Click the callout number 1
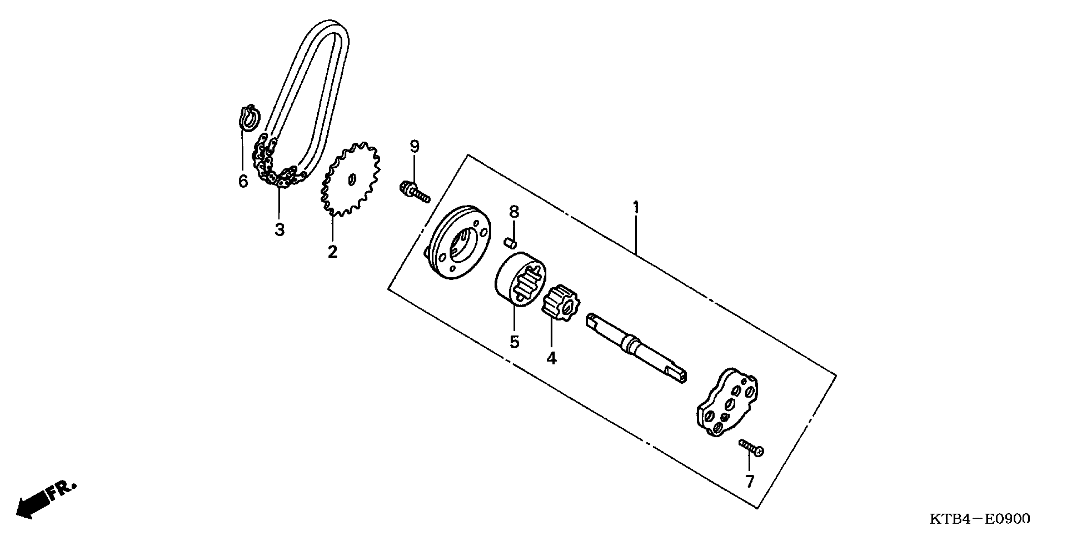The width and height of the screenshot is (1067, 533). tap(636, 208)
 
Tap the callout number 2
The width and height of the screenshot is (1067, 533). tap(333, 251)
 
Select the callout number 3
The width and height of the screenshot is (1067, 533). tap(280, 230)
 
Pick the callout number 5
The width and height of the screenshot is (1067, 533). tap(514, 342)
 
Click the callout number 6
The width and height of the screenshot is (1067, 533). tap(243, 181)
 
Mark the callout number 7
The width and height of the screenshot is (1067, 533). tap(750, 481)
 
